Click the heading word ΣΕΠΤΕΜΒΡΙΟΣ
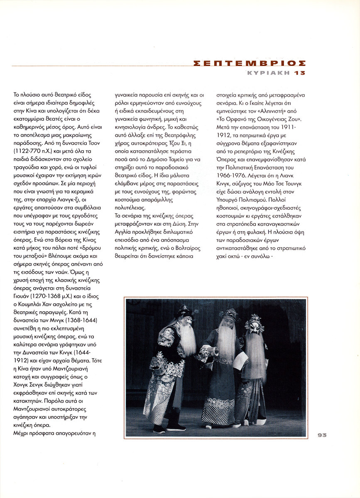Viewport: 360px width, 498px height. tap(250, 63)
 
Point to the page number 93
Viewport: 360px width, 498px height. tap(322, 435)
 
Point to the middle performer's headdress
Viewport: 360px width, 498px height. tap(228, 314)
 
